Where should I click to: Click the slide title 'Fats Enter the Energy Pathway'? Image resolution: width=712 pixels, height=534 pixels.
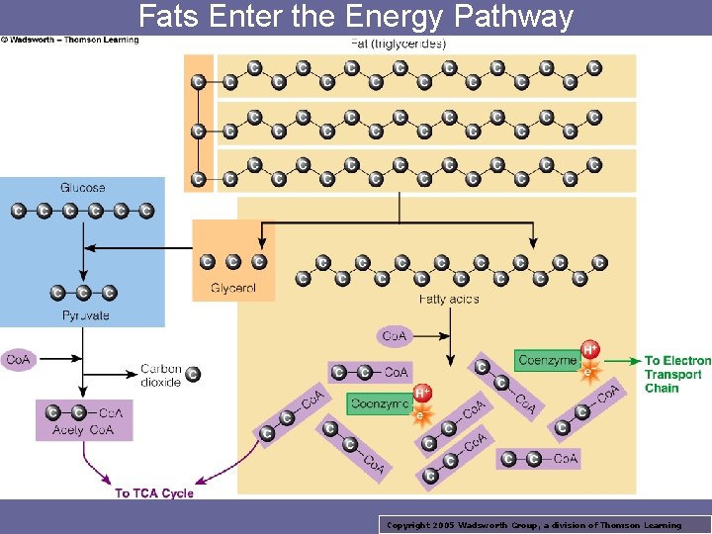point(356,17)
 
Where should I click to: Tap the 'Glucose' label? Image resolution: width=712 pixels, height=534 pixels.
point(83,188)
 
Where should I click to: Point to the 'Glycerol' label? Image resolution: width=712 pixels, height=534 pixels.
point(233,289)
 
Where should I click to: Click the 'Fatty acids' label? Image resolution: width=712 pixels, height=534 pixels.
point(449,299)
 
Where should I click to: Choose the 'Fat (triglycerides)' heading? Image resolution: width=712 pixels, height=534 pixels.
point(399,44)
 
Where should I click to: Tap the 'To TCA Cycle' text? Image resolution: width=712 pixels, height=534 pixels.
point(154,492)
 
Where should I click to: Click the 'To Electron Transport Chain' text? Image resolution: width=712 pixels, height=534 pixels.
point(677,375)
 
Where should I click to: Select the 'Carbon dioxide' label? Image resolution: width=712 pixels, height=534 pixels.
point(160,376)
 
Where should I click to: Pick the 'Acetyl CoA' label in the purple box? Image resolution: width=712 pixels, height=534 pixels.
point(83,430)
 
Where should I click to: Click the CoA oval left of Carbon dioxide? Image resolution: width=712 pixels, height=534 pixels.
point(18,361)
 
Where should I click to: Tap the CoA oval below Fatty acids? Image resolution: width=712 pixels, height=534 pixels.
point(394,336)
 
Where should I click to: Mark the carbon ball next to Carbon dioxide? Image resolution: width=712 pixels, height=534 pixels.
point(193,374)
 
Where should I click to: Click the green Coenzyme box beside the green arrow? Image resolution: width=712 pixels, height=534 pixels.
point(547,361)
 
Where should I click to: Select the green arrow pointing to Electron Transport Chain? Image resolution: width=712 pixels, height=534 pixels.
point(623,361)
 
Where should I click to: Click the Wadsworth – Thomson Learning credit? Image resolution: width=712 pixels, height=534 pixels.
point(70,41)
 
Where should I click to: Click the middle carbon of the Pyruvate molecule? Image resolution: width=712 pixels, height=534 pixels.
point(83,293)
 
